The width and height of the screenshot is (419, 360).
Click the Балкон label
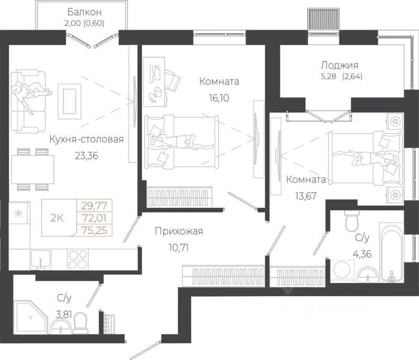(x=84, y=12)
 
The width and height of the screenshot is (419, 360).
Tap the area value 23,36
(x=87, y=156)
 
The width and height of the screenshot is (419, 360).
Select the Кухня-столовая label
(x=87, y=139)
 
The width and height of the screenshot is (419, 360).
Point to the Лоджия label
(x=340, y=65)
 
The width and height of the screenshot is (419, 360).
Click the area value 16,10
(x=219, y=98)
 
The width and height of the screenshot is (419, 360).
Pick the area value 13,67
(x=306, y=196)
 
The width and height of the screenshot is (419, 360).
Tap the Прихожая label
(x=179, y=231)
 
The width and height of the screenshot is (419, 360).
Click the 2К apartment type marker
(x=57, y=218)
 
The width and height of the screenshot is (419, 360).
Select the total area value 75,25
(x=94, y=230)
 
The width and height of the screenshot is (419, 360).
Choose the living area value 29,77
(x=94, y=205)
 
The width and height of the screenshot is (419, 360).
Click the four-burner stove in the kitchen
(x=78, y=260)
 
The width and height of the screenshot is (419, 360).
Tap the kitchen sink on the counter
(x=40, y=260)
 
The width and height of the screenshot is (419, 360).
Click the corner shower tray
(x=30, y=317)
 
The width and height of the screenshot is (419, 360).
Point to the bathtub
(x=392, y=252)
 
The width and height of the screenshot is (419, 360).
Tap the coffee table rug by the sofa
(x=69, y=101)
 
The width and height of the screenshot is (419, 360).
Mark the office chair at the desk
(x=173, y=80)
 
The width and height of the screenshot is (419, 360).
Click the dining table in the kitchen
(x=32, y=170)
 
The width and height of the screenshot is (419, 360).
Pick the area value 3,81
(x=64, y=314)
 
